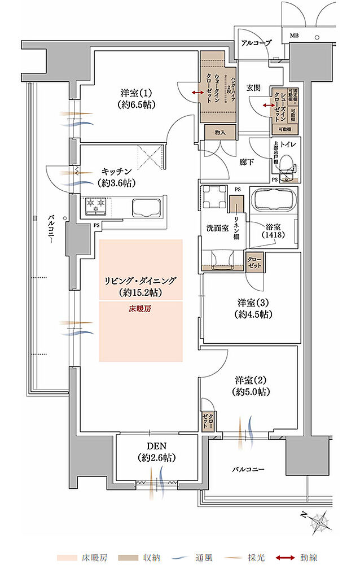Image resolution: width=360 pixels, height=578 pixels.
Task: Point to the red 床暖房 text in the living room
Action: click(x=141, y=309)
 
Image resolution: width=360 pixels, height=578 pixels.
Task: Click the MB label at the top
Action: click(x=294, y=36)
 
